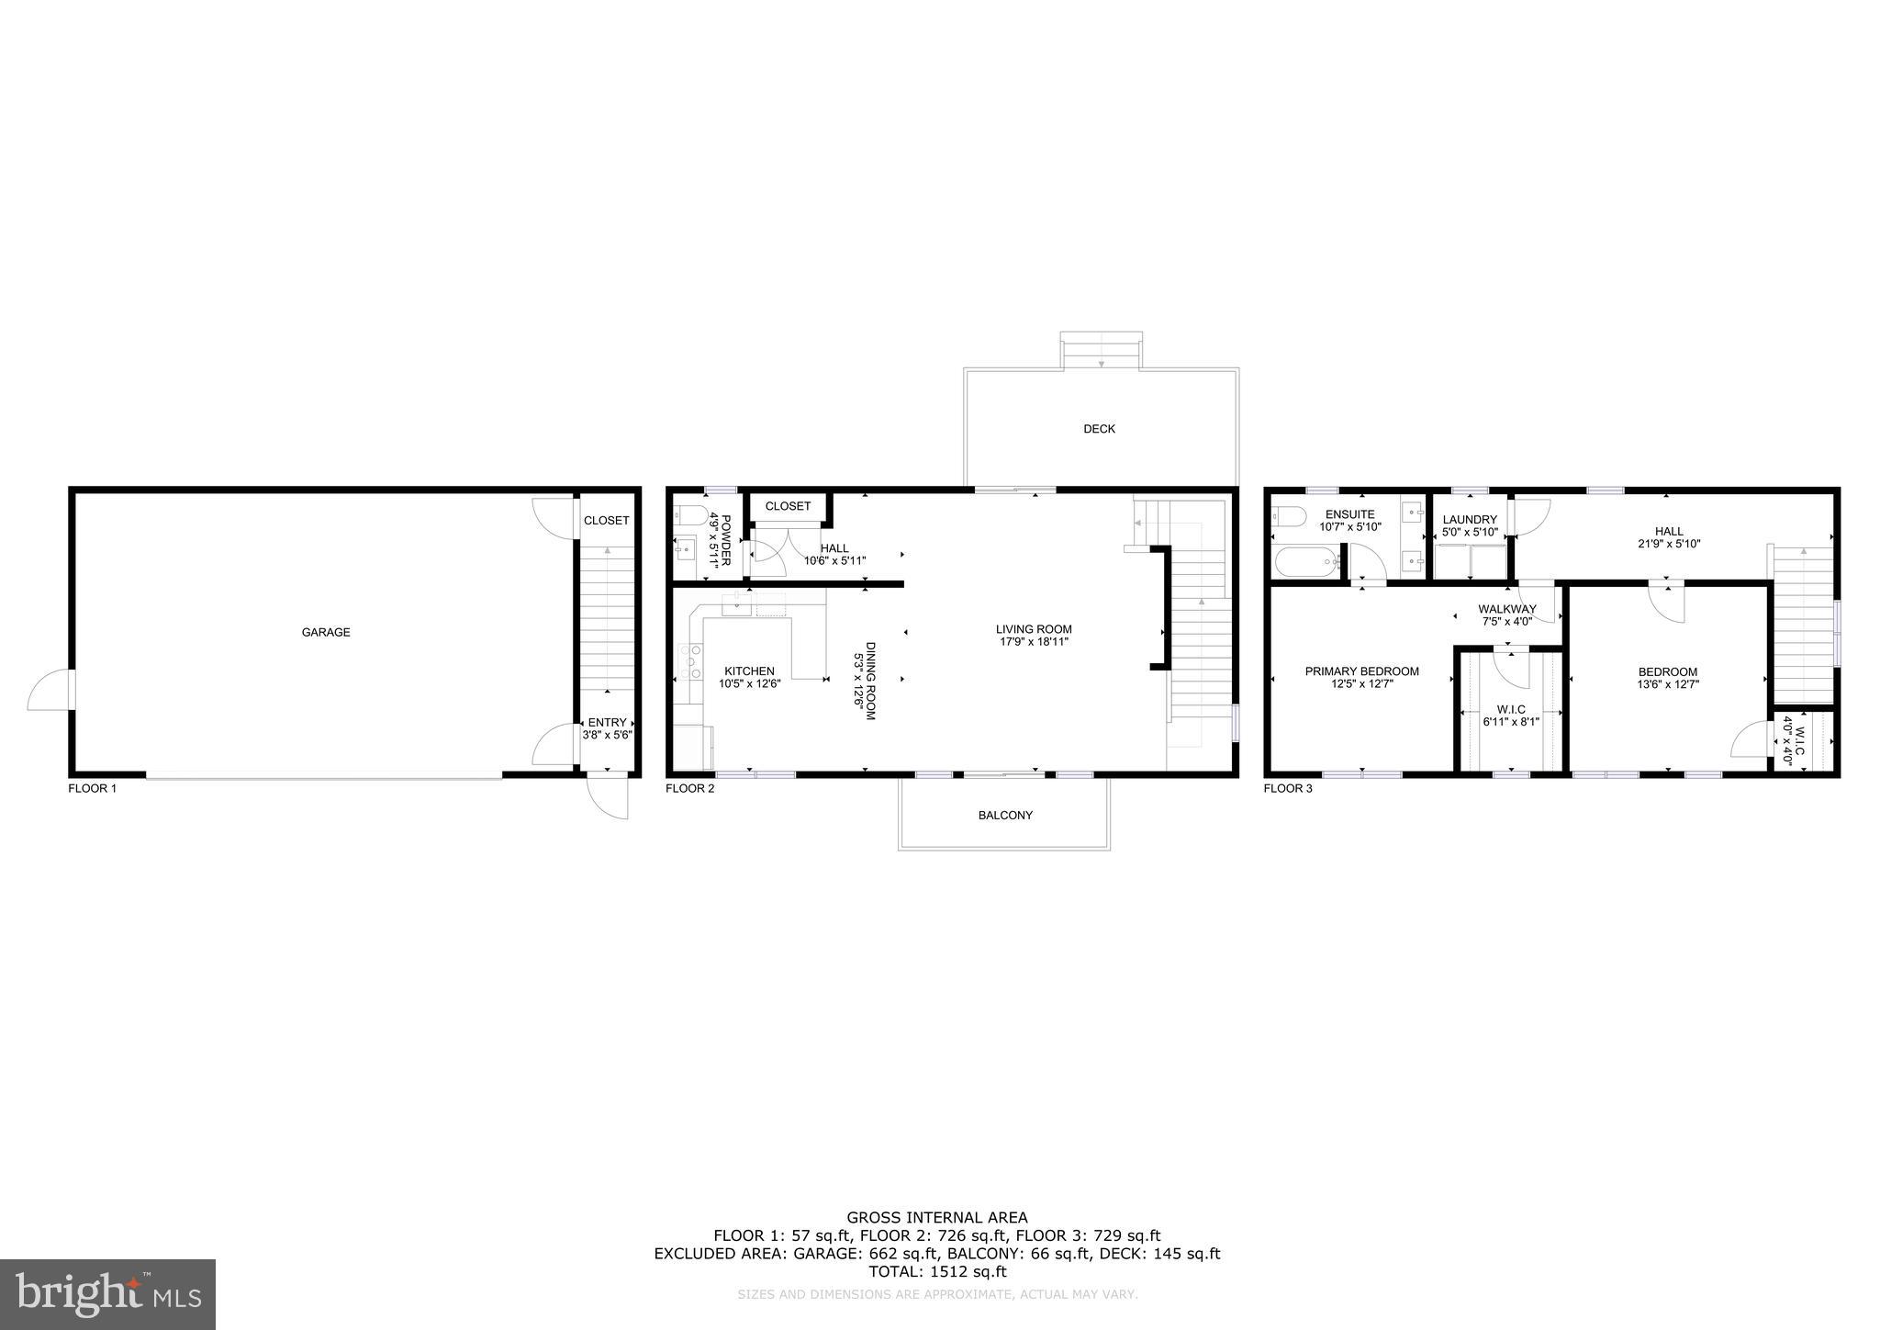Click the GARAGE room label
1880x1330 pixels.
pos(326,632)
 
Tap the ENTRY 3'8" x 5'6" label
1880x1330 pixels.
pos(607,728)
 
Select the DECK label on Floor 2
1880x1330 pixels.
pos(1099,429)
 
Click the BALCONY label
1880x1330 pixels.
pos(1005,815)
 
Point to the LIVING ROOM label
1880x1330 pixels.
pos(1034,635)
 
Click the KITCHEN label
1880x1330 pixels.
pos(749,677)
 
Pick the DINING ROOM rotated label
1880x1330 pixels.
pos(865,680)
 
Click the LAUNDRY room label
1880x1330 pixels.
pos(1470,525)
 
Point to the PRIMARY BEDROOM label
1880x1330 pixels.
pos(1361,677)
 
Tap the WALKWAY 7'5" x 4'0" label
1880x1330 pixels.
pos(1506,614)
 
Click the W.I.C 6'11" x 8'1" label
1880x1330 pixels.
pos(1510,716)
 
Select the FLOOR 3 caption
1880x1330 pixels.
pos(1288,788)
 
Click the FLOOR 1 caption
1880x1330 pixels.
pos(93,788)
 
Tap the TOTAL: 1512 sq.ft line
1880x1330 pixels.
pos(937,1272)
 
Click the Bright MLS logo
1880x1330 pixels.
pos(107,1294)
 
